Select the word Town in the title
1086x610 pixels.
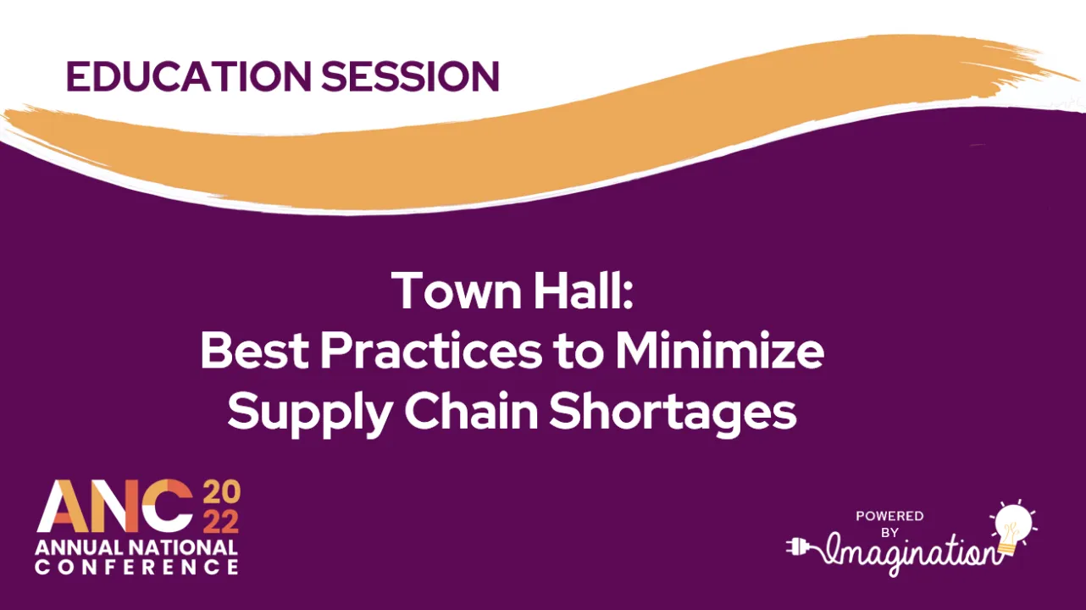(x=446, y=291)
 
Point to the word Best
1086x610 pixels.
(x=253, y=352)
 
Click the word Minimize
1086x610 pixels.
(x=720, y=352)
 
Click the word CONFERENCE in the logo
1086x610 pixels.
(x=136, y=567)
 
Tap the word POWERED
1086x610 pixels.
(x=889, y=516)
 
